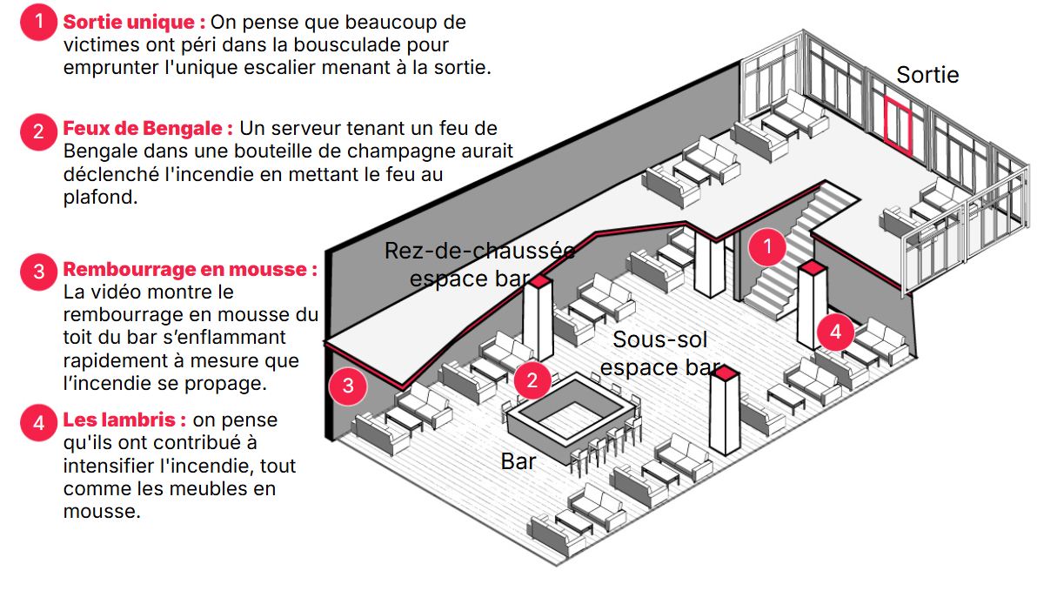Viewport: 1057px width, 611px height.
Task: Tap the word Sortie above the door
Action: [927, 75]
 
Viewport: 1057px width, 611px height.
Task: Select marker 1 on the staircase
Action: [766, 247]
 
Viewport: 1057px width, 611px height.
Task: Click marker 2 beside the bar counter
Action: [532, 379]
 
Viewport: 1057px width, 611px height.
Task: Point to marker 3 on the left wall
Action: [348, 386]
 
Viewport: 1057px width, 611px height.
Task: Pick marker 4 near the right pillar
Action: [835, 332]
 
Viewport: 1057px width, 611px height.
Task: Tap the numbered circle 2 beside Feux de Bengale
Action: [38, 131]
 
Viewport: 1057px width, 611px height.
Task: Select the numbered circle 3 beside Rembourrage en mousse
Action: [38, 272]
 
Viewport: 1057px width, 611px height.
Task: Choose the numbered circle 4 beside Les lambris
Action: [38, 423]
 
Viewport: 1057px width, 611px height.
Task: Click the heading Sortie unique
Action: [134, 22]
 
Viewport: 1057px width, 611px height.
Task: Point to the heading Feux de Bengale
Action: [148, 129]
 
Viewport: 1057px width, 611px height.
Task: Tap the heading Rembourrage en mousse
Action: [190, 269]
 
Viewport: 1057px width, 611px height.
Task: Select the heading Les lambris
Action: [124, 420]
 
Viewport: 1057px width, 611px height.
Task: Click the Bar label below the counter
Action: [518, 461]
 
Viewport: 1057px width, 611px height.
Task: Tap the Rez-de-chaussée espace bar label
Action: [478, 265]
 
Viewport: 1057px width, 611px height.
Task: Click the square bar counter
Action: [570, 413]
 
